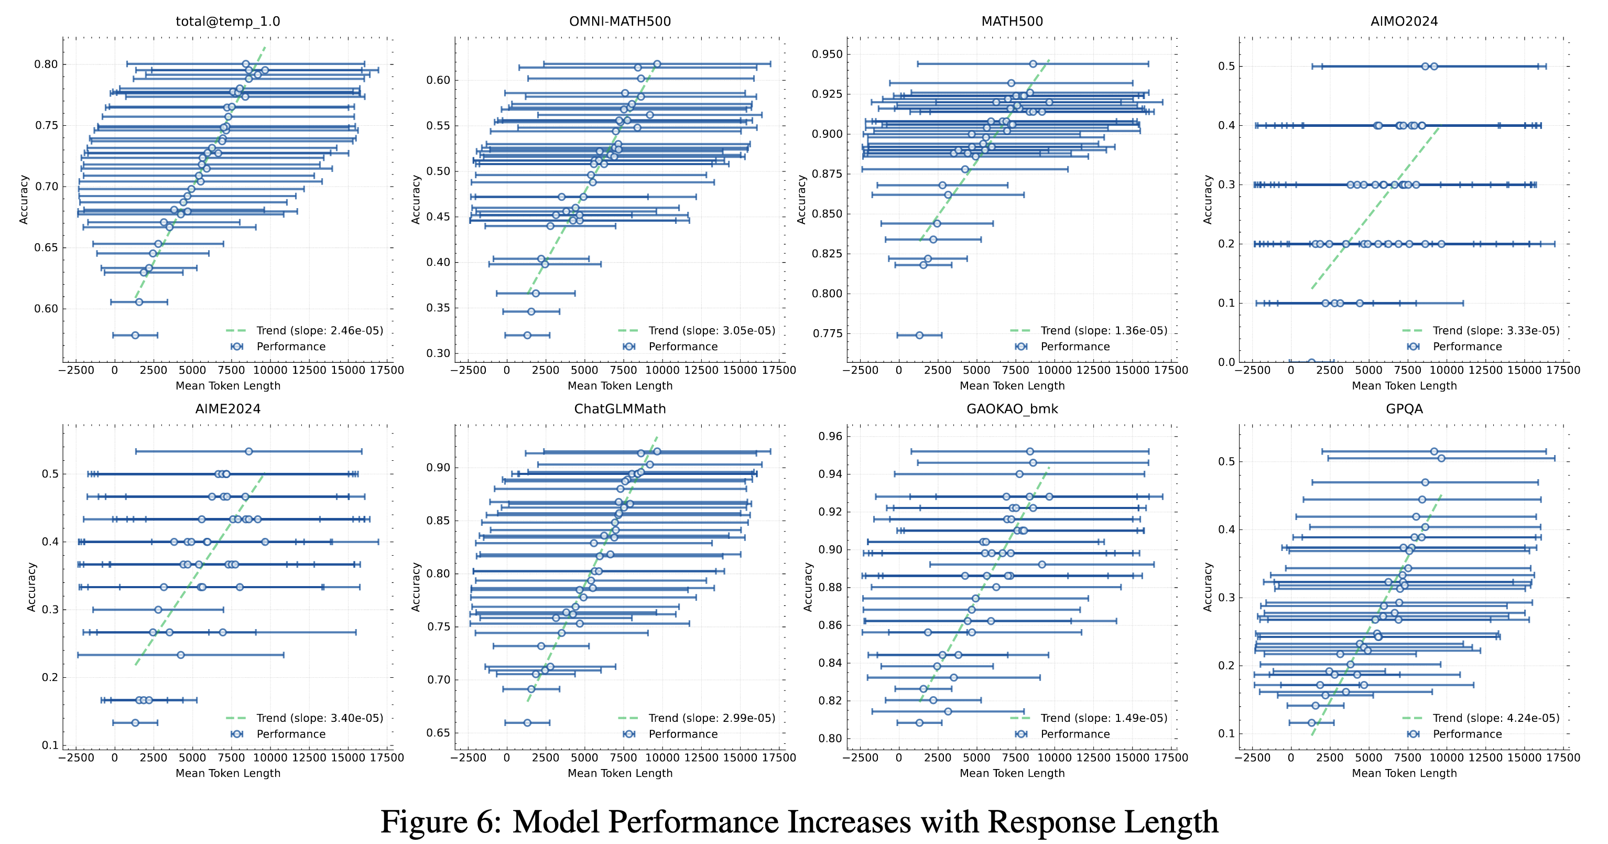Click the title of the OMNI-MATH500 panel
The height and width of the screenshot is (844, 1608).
click(620, 21)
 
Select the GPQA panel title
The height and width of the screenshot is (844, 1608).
click(1404, 409)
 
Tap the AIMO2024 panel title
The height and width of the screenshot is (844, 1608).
click(1404, 21)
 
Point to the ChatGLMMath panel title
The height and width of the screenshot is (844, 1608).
click(620, 409)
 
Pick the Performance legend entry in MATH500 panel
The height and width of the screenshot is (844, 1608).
click(1075, 347)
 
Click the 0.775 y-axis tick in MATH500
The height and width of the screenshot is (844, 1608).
click(828, 333)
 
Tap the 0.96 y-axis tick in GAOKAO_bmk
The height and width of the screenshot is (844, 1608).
click(830, 436)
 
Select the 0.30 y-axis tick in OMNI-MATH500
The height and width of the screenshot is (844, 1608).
click(438, 353)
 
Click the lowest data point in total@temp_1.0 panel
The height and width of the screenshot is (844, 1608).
click(135, 335)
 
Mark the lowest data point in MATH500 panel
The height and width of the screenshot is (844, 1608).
click(919, 335)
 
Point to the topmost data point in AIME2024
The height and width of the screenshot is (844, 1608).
click(249, 451)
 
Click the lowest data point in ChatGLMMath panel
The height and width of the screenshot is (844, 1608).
click(527, 723)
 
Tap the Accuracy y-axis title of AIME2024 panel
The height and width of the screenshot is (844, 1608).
click(31, 587)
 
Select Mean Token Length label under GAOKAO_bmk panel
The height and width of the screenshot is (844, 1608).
click(1012, 773)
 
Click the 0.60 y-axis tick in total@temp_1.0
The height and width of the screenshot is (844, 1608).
click(46, 308)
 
